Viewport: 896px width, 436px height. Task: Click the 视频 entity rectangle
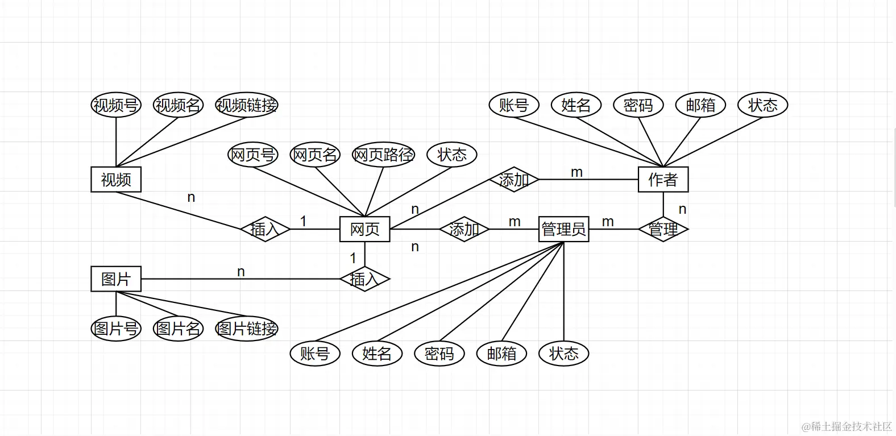pos(116,180)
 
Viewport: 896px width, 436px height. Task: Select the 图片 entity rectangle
pos(116,279)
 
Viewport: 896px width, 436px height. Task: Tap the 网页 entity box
pos(364,229)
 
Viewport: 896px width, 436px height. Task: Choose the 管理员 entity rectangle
pos(563,229)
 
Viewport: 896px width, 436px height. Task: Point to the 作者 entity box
pos(663,180)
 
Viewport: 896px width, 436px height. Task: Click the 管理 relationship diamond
pos(663,229)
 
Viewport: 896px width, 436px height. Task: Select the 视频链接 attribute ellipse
pos(247,105)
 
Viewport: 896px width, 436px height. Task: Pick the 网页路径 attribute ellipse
pos(383,155)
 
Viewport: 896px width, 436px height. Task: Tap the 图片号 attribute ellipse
pos(116,329)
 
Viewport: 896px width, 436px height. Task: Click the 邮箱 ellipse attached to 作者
pos(700,105)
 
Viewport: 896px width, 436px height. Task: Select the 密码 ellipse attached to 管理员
pos(439,354)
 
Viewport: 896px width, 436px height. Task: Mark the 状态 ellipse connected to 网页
pos(452,155)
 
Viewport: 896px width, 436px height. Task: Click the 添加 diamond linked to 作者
pos(514,180)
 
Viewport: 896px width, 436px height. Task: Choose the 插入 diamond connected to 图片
pos(364,279)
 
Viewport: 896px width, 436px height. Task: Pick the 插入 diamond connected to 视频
pos(265,229)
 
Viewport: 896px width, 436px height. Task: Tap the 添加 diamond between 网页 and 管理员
pos(464,229)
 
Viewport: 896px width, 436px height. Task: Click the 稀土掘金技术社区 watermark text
pos(847,426)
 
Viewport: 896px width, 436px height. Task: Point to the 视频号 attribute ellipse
pos(116,105)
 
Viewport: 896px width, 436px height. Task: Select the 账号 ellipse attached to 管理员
pos(315,354)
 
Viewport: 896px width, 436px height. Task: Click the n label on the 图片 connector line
pos(241,272)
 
